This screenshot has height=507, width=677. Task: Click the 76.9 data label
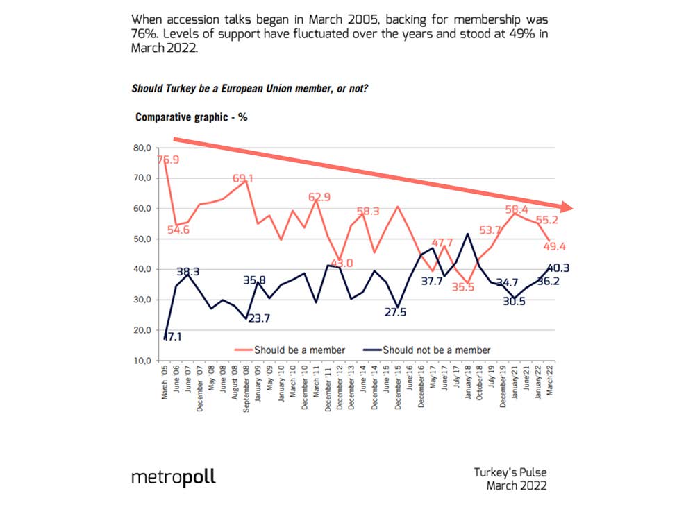click(x=167, y=160)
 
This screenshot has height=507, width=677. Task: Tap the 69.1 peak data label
click(x=241, y=178)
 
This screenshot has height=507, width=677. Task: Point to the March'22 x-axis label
click(x=550, y=380)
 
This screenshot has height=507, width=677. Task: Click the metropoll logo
click(x=174, y=477)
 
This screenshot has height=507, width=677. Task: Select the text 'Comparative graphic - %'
click(x=192, y=117)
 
